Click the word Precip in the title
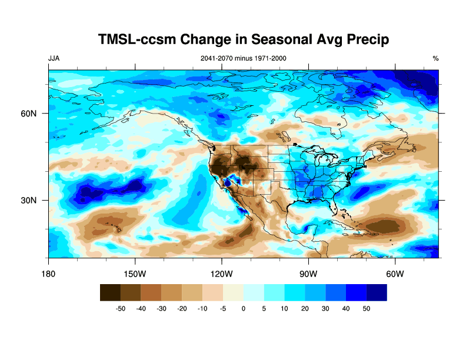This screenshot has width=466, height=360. pos(362,40)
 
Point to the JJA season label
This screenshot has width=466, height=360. pos(54,58)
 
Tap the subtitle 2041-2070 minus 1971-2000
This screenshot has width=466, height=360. pos(244,58)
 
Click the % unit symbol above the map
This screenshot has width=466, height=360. pos(435,58)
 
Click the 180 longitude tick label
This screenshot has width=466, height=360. pos(49,274)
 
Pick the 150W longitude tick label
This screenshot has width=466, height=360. pos(135,274)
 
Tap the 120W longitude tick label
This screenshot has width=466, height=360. pos(222,274)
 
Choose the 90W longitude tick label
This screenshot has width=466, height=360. pos(308,274)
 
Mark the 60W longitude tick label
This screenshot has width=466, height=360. pos(395,274)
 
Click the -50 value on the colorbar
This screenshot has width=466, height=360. pos(120,308)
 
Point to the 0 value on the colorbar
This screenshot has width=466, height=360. pos(244,308)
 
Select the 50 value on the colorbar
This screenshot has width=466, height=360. pos(367,308)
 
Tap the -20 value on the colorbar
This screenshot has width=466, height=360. pos(182,308)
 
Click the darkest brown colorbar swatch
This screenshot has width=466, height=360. pos(110,292)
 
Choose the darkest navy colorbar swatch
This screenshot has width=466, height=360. pos(377,292)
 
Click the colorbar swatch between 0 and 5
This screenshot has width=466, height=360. pos(254,292)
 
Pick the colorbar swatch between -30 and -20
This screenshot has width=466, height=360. pos(172,292)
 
